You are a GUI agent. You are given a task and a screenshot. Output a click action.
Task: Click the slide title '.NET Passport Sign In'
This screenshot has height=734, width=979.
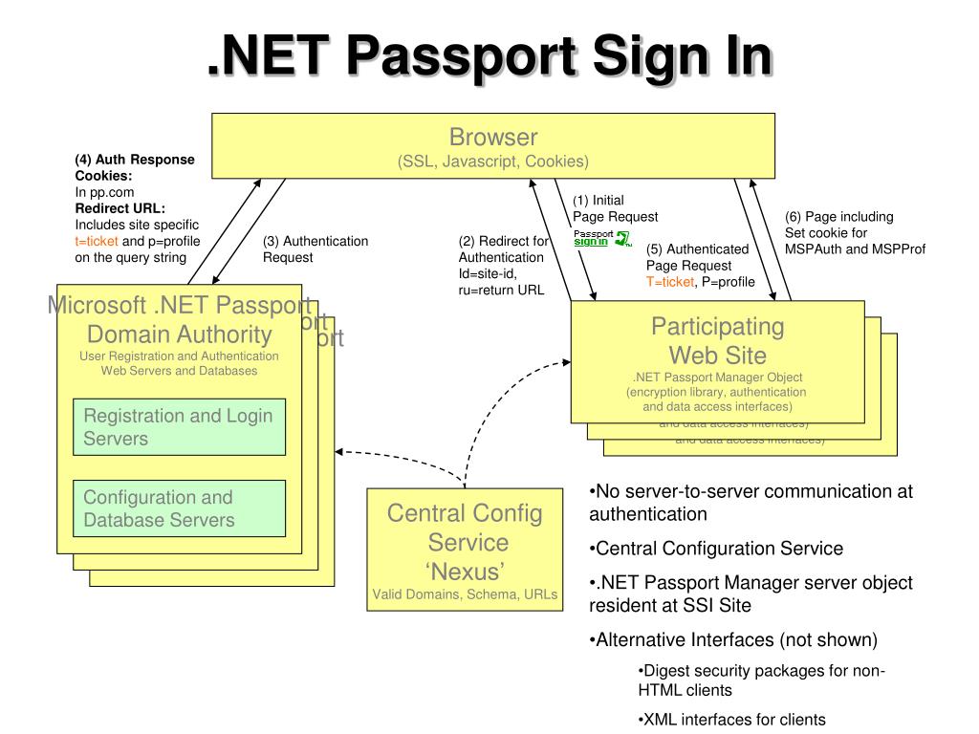click(489, 56)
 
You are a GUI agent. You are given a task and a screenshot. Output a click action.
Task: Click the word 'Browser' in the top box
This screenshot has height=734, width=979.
click(493, 138)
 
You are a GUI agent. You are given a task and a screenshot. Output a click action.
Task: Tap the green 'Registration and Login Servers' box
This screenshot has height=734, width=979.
click(180, 427)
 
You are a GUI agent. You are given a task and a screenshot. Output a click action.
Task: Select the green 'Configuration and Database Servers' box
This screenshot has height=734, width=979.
click(180, 508)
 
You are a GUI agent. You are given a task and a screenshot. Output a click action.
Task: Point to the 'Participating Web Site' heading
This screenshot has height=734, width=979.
click(717, 340)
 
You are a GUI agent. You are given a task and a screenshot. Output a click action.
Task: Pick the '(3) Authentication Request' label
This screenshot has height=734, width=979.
click(315, 248)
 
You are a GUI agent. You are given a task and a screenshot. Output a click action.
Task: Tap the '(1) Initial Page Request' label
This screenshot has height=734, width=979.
click(615, 208)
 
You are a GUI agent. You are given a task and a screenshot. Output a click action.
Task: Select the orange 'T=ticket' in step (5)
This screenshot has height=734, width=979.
click(669, 281)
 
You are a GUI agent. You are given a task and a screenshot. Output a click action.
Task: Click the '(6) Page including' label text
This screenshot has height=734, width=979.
click(838, 217)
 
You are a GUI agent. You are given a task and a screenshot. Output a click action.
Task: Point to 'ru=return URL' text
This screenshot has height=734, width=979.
click(501, 291)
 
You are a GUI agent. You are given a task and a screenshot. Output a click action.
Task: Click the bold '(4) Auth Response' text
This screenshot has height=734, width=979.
click(134, 160)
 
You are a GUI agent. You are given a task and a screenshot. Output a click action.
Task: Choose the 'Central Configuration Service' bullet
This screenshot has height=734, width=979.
click(717, 549)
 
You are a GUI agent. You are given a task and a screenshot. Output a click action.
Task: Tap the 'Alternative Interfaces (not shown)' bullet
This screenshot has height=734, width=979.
click(733, 639)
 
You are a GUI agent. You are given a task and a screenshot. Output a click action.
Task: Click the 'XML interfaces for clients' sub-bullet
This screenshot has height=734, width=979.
click(731, 720)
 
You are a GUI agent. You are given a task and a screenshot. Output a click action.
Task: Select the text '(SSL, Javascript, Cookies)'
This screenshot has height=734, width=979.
click(493, 162)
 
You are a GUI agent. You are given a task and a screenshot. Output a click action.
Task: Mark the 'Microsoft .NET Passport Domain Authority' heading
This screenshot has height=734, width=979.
click(179, 320)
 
